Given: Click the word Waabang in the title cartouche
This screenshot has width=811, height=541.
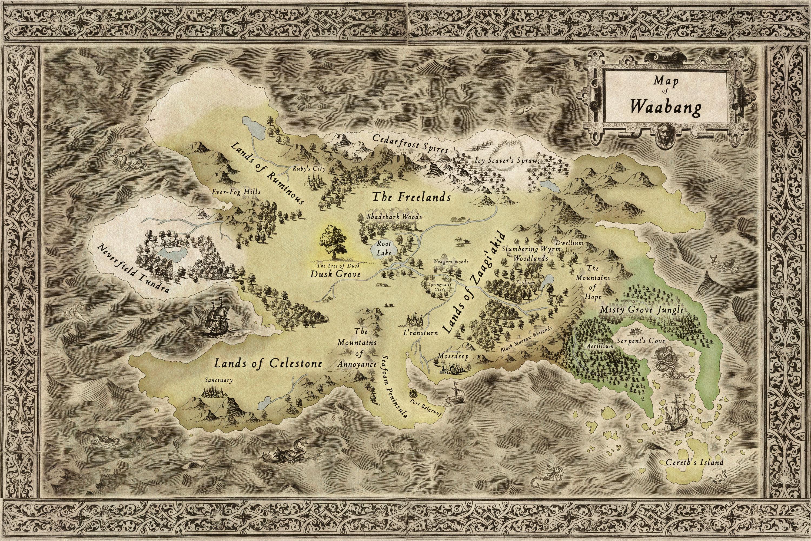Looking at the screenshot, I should pyautogui.click(x=666, y=108).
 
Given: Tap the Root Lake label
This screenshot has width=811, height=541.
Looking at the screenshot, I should pyautogui.click(x=384, y=248).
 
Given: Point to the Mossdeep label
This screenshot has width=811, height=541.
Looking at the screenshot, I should pyautogui.click(x=453, y=356).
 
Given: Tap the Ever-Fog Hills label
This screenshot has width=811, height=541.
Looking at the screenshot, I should pyautogui.click(x=236, y=192).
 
